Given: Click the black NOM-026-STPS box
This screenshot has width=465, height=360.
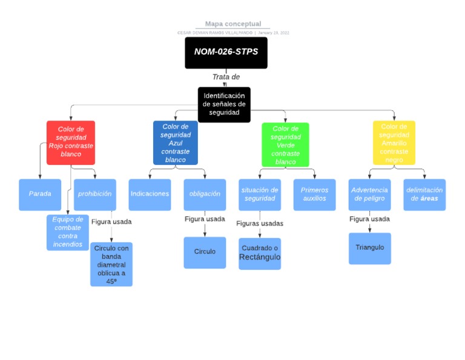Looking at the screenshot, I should (226, 52).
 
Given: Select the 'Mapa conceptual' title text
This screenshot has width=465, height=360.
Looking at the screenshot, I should (232, 24).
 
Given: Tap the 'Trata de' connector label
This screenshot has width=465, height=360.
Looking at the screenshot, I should (226, 77).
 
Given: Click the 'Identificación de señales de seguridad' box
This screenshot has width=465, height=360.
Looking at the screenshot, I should (224, 104).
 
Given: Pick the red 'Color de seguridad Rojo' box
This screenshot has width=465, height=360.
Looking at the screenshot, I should (71, 142).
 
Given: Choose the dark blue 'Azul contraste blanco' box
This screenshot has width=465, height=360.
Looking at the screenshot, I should (176, 143).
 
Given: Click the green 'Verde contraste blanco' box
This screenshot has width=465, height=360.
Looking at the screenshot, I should (285, 145).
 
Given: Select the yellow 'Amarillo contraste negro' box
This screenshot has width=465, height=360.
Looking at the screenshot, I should (394, 143).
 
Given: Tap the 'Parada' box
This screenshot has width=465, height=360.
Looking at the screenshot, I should (40, 194).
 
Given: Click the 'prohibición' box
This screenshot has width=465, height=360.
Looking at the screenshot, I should (94, 194).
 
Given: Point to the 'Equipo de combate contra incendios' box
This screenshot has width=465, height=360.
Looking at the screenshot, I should (67, 232).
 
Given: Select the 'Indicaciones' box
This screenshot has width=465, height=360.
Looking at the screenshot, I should (150, 194).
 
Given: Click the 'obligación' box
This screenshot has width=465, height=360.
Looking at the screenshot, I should (205, 194).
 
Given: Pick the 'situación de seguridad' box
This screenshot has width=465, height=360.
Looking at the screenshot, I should (260, 194).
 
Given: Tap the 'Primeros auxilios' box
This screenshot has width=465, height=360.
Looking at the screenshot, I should (314, 194).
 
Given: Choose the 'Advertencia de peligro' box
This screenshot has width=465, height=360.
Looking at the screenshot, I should (369, 194).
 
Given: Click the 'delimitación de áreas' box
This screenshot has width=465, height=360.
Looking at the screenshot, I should (424, 194).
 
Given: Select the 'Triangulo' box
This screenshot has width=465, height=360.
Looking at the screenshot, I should (369, 248).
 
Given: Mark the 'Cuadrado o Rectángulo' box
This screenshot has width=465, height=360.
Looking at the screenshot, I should (260, 253).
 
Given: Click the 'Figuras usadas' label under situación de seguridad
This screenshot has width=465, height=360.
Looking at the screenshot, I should (260, 223).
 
